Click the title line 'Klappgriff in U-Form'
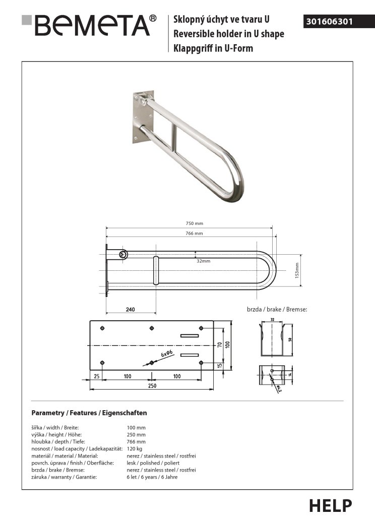213,48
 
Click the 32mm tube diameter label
204,261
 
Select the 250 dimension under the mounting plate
152,386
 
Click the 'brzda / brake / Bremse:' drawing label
277,310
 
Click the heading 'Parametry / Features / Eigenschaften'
89,413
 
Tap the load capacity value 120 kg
135,448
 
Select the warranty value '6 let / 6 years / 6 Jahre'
152,477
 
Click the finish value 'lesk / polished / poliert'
153,463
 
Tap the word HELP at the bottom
330,505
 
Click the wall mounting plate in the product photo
143,117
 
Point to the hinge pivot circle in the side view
123,255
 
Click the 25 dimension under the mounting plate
96,376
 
